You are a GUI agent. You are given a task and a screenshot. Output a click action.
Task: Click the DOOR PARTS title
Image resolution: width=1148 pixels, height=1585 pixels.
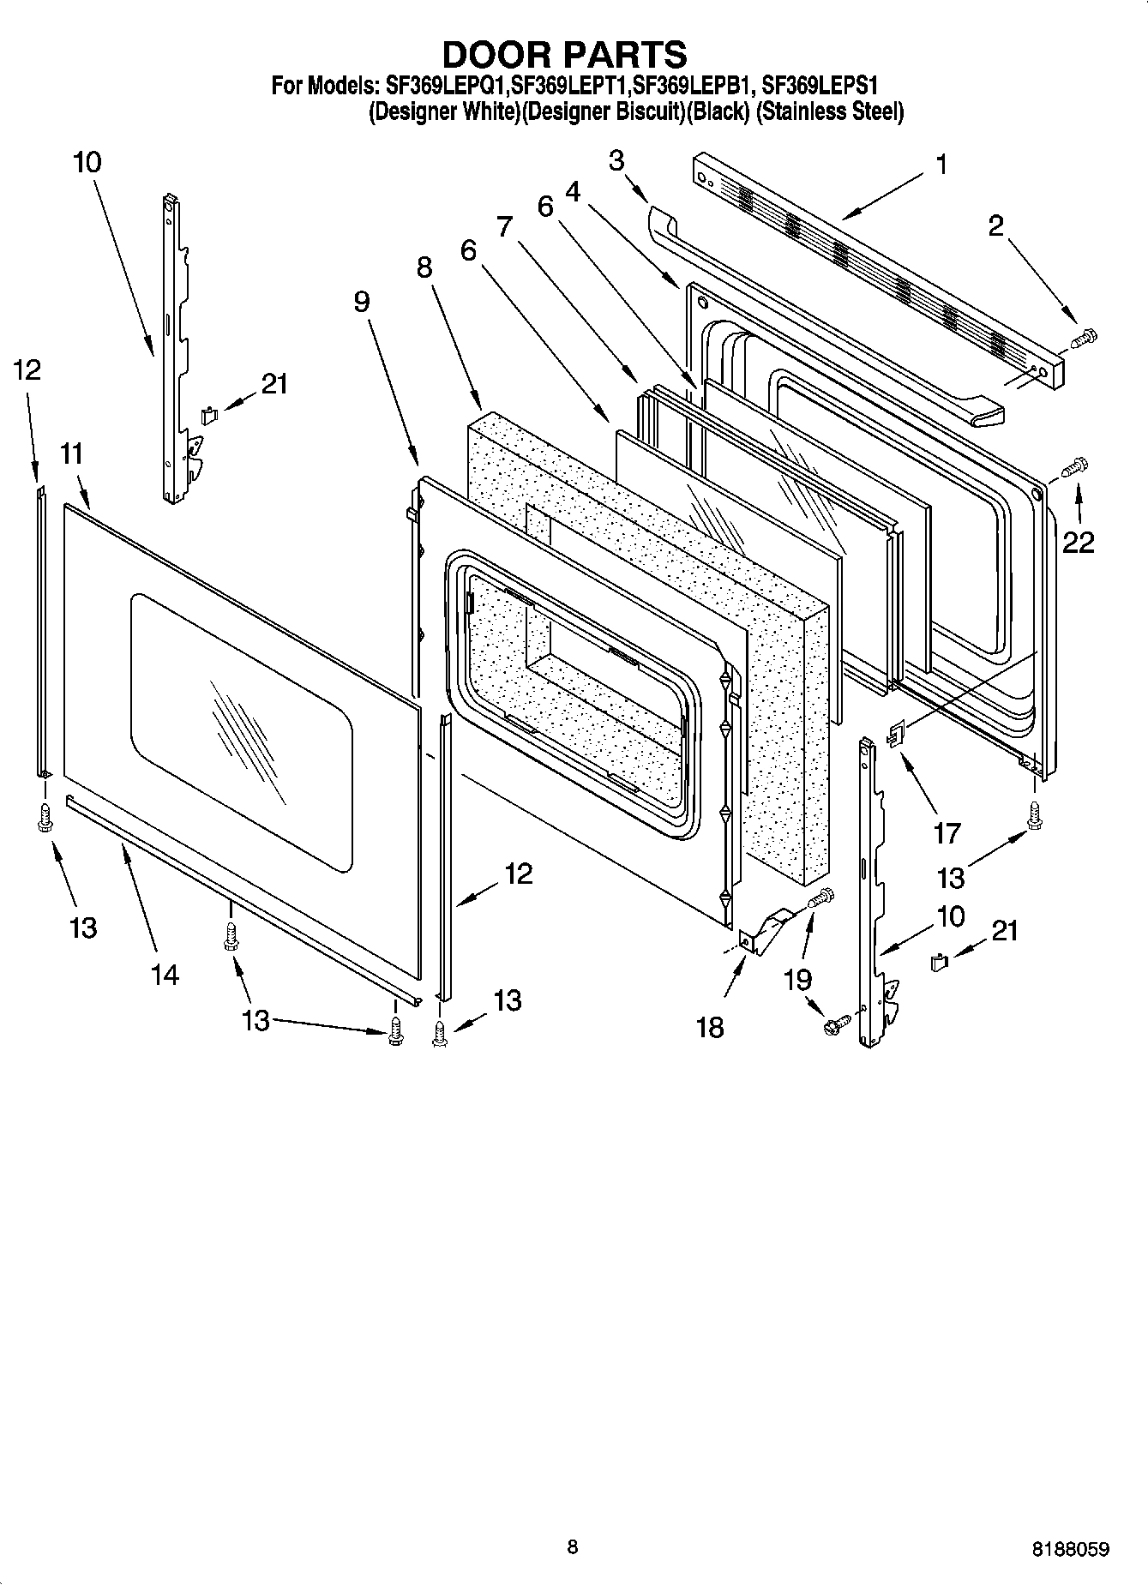click(564, 54)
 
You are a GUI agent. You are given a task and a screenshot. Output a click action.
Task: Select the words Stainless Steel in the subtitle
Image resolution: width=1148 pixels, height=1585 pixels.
click(829, 112)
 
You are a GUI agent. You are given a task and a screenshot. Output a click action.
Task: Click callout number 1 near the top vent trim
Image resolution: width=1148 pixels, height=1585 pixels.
click(941, 165)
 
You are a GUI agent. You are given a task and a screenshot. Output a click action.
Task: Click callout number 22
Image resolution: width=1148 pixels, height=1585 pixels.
click(1079, 542)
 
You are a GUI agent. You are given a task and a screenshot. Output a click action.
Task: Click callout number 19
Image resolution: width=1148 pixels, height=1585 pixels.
click(798, 978)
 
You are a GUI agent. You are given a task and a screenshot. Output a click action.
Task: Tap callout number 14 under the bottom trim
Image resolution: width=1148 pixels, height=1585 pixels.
click(164, 974)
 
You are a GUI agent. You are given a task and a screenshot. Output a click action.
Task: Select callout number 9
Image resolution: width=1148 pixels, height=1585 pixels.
click(361, 301)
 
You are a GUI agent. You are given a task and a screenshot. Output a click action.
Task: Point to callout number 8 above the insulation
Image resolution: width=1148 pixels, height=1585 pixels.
click(424, 267)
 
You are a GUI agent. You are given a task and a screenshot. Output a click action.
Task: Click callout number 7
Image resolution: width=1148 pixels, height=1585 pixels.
click(504, 226)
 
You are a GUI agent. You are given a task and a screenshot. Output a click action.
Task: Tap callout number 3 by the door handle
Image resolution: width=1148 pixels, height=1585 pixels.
click(616, 160)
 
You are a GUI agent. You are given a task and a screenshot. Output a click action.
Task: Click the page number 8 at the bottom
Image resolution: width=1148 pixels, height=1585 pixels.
click(572, 1546)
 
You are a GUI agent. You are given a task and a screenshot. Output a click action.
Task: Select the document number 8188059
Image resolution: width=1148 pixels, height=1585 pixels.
click(1071, 1549)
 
